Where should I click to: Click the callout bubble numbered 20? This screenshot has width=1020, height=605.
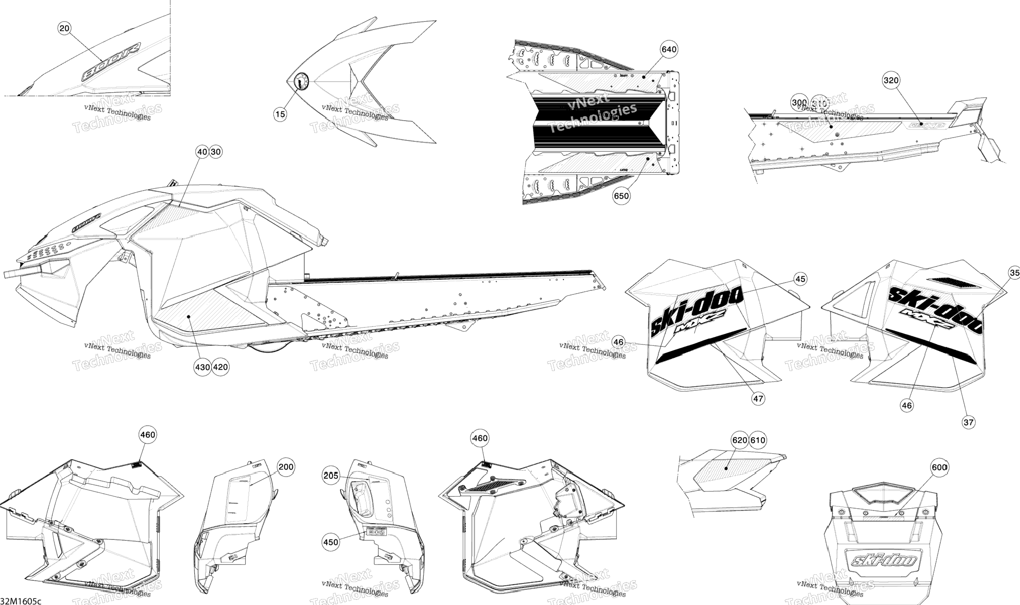[65, 28]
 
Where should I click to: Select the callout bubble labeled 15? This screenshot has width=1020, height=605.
[280, 114]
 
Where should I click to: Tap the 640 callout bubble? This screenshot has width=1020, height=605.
[669, 50]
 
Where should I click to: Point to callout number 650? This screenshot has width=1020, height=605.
[621, 196]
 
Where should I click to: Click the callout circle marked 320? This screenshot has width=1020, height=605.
[891, 81]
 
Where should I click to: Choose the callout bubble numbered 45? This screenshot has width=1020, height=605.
[800, 279]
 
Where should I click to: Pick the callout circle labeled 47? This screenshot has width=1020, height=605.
[758, 399]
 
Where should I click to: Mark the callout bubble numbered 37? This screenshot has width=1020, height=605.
[968, 422]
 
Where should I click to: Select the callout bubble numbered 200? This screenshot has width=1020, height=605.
[286, 467]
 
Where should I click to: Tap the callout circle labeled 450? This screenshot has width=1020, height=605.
[330, 542]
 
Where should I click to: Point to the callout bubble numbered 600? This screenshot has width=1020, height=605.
[939, 467]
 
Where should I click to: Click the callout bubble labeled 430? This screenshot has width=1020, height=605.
[202, 367]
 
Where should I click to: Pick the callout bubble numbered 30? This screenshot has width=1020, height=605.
[216, 152]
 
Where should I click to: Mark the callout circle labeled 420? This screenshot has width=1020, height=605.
[221, 367]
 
